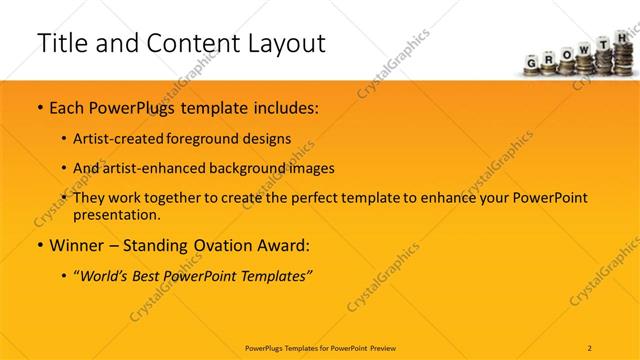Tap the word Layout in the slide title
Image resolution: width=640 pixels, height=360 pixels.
click(x=285, y=43)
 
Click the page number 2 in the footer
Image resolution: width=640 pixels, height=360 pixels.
click(x=590, y=348)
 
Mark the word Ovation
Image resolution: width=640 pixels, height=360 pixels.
click(x=217, y=245)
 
